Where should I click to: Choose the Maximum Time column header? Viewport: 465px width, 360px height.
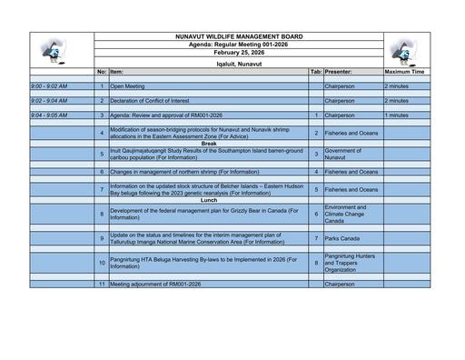pyautogui.click(x=405, y=71)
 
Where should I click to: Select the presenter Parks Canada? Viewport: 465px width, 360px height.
pyautogui.click(x=342, y=238)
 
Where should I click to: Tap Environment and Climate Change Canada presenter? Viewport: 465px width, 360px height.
pyautogui.click(x=345, y=214)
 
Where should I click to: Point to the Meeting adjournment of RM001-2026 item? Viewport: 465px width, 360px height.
pyautogui.click(x=153, y=285)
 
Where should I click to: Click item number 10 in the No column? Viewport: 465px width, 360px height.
pyautogui.click(x=102, y=263)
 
